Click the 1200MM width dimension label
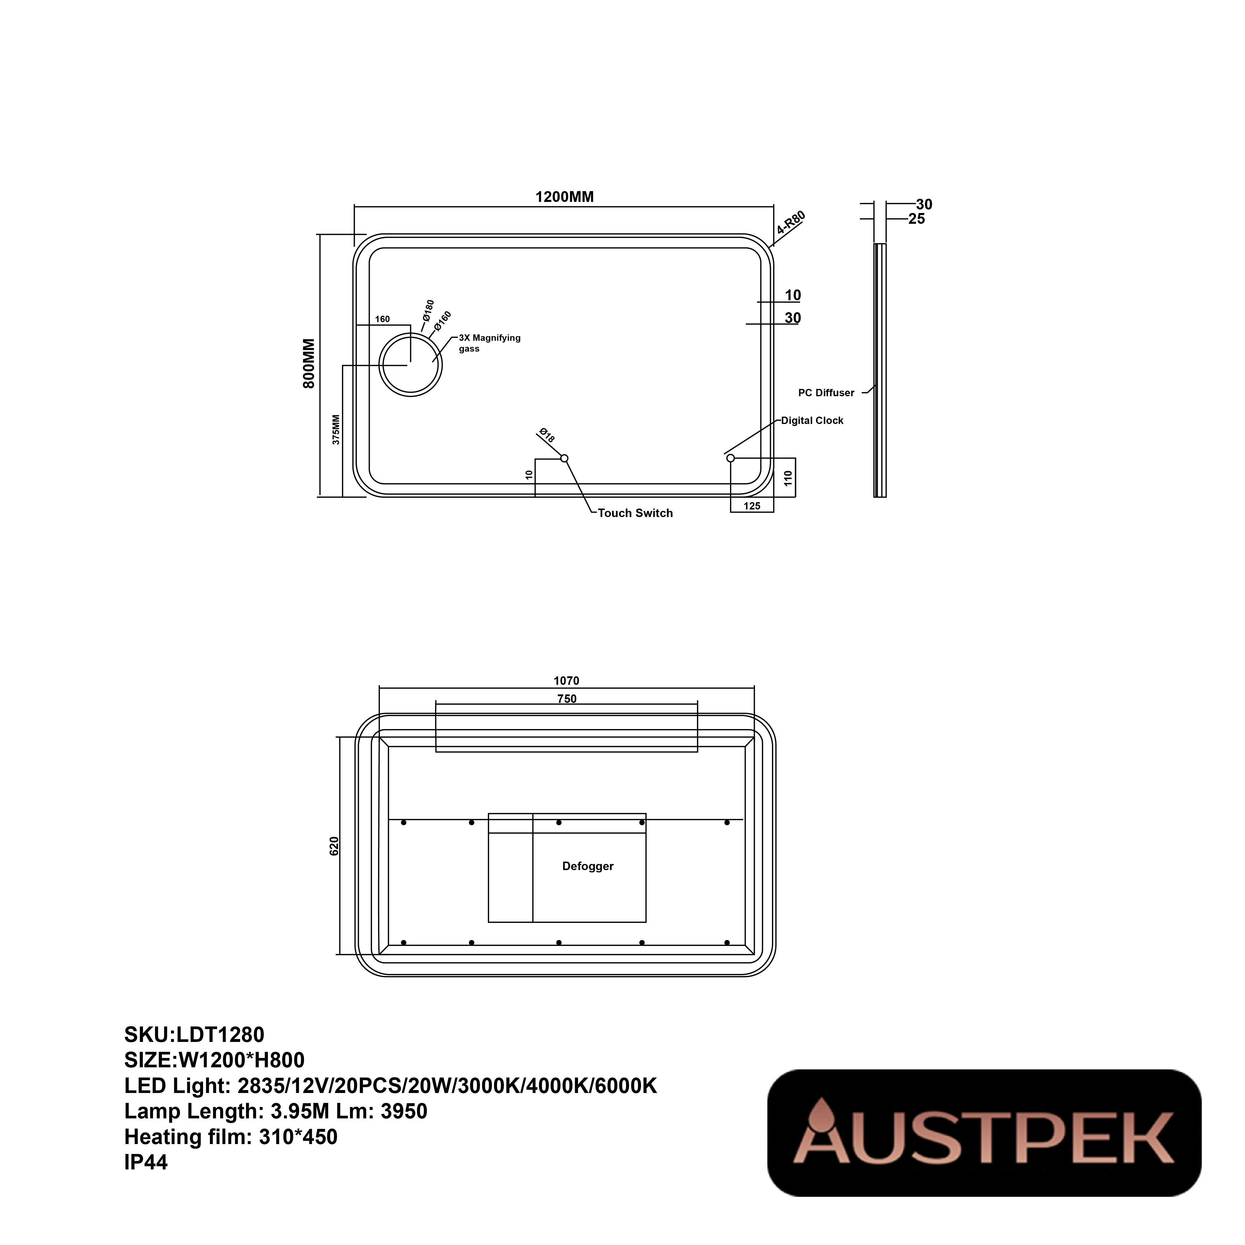(565, 197)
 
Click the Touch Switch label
(635, 513)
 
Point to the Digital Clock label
(813, 420)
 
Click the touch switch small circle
(565, 458)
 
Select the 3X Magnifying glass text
(489, 343)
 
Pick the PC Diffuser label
(826, 392)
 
